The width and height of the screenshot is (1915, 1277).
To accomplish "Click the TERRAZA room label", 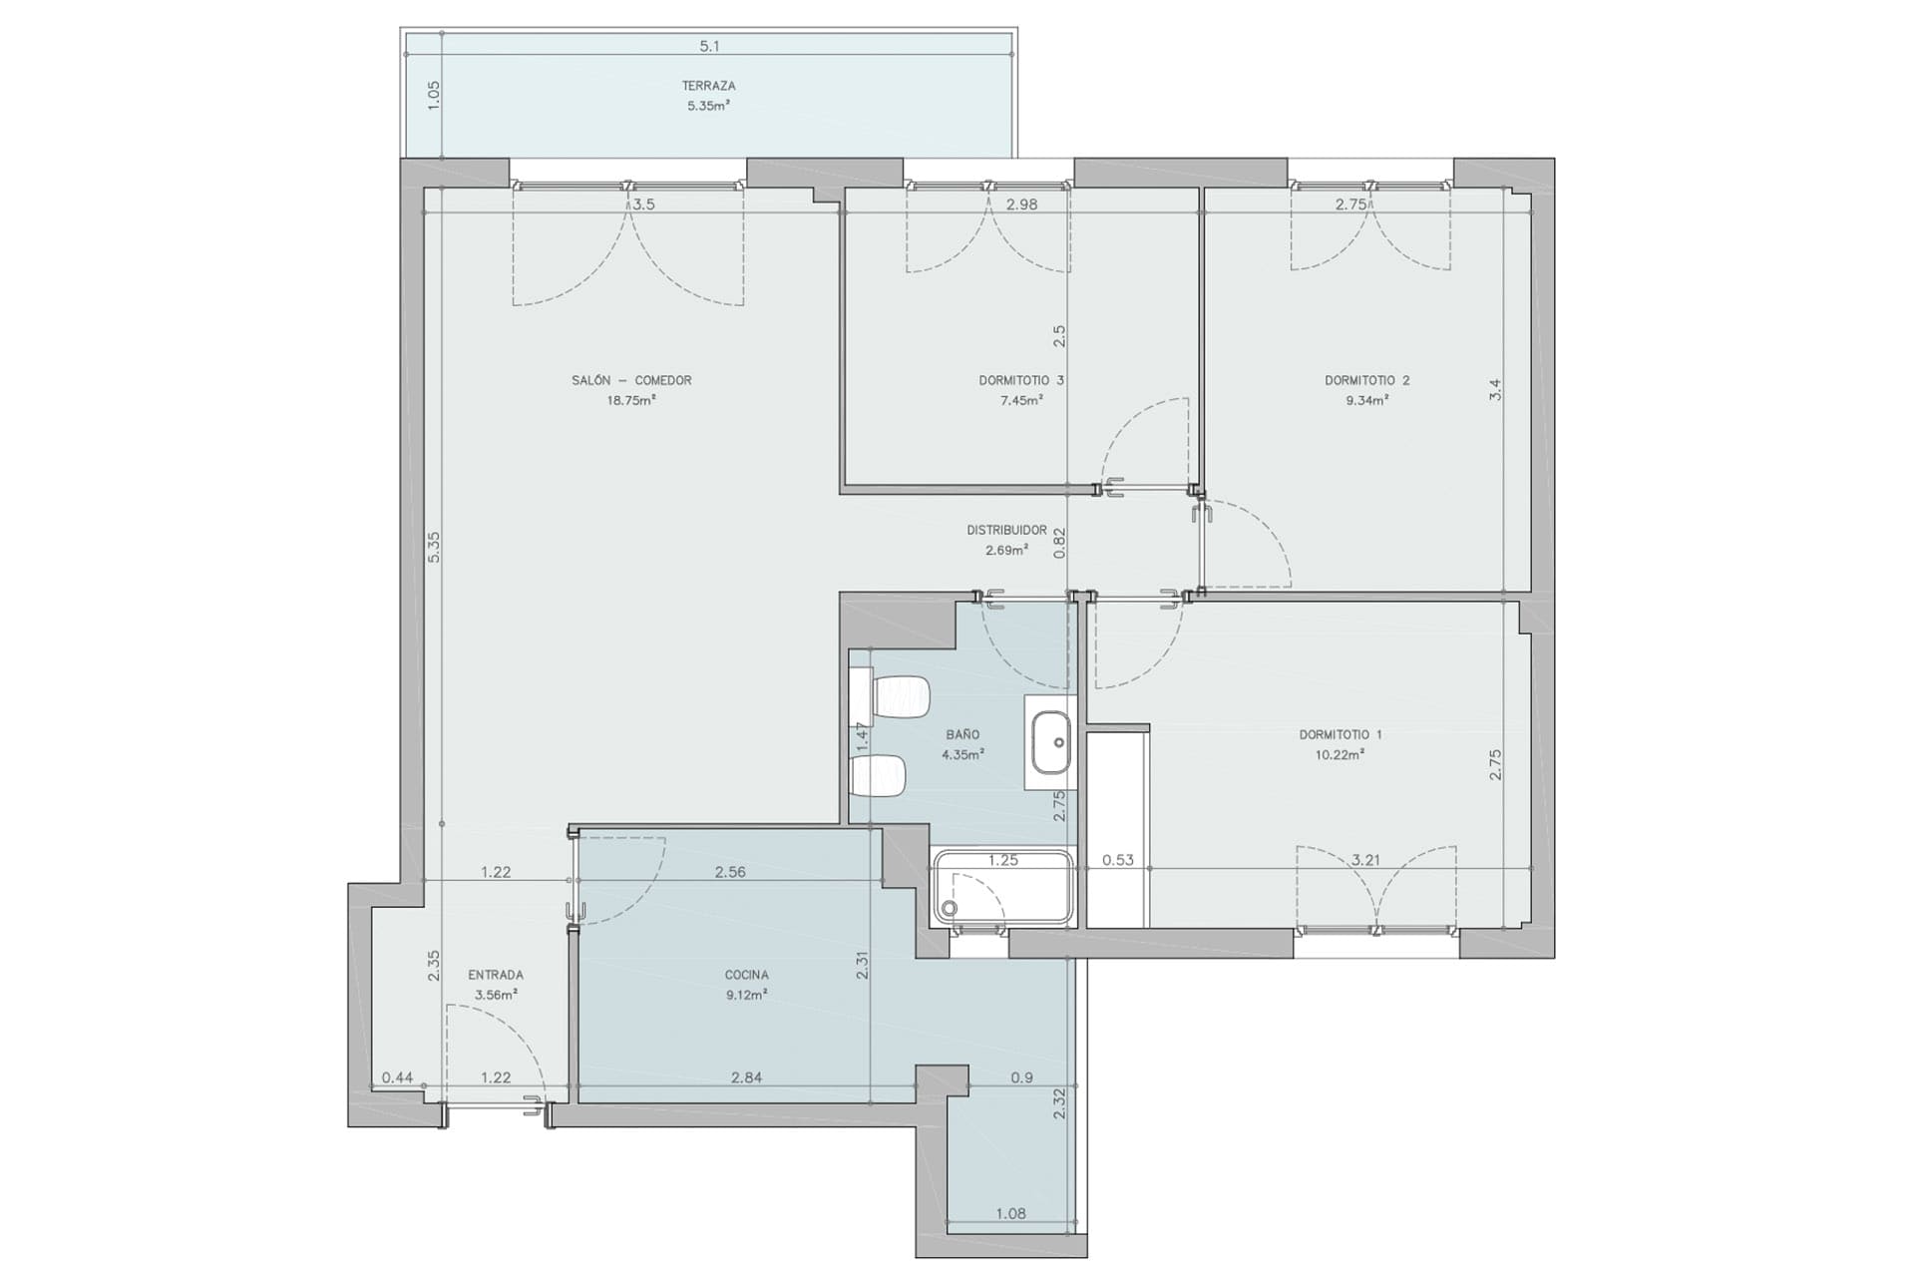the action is tap(708, 86).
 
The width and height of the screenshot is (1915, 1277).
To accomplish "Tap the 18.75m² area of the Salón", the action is tap(631, 400).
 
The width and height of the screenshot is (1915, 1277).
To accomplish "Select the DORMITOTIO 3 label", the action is tap(1021, 380).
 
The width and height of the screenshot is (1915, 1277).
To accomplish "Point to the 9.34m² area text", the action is tap(1366, 400).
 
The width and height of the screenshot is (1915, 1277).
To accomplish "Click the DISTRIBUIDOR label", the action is tap(1006, 530).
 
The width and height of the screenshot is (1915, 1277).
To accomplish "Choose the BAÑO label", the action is tap(962, 734).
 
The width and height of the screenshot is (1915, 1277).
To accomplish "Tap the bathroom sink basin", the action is tap(1051, 742).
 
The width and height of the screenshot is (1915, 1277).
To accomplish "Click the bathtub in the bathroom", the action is tap(1002, 887).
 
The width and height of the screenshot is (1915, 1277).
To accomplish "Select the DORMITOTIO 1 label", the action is tap(1340, 734).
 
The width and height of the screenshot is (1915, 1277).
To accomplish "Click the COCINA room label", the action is tap(747, 975).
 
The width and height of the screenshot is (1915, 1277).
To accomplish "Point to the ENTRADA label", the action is tap(496, 975).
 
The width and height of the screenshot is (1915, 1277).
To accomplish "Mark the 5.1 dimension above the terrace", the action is tap(709, 46).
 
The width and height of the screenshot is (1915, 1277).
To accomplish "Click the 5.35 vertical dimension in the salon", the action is tap(434, 547).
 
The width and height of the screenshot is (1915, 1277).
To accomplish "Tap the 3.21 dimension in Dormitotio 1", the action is tap(1365, 859).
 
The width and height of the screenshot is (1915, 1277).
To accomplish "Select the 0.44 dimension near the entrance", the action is tap(398, 1077).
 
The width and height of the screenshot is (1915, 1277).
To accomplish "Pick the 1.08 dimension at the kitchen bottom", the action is tap(1010, 1213).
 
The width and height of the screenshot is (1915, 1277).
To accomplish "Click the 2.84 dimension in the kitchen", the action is tap(746, 1077).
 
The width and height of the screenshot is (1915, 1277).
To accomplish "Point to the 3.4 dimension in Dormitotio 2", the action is tap(1495, 390).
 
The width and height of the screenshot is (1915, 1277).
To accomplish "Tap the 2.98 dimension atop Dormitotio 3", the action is tap(1021, 205).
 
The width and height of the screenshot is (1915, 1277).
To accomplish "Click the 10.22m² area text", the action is tap(1340, 754).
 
